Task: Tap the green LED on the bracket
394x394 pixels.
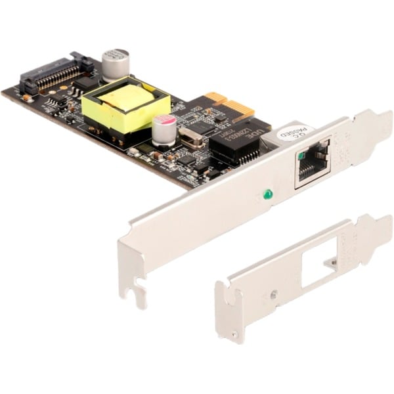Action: coord(267,194)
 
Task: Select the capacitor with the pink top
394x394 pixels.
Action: coord(164,129)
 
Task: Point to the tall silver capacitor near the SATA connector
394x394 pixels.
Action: coord(116,64)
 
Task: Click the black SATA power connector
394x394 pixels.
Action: coord(56,75)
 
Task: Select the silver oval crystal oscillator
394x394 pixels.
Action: coord(191,138)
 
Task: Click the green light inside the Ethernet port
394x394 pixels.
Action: coord(300,156)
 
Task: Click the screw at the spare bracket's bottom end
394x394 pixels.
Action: coord(234,335)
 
